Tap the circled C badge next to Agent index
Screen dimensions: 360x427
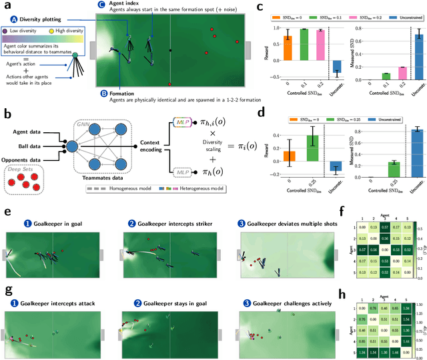(101, 5)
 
